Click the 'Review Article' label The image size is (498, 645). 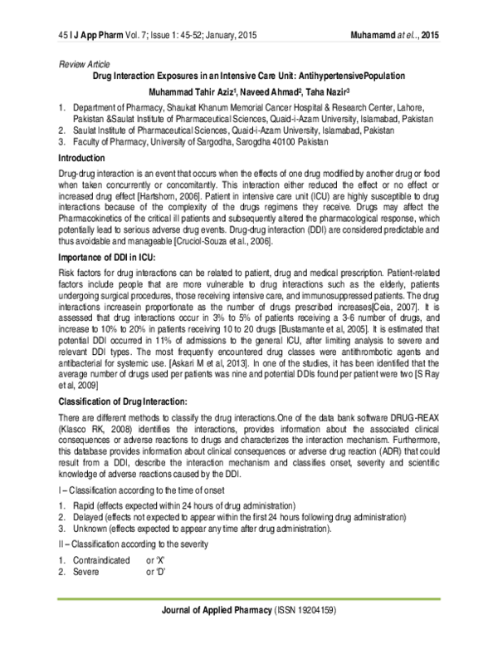click(x=85, y=64)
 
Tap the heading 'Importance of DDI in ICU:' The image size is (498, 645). click(x=113, y=257)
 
